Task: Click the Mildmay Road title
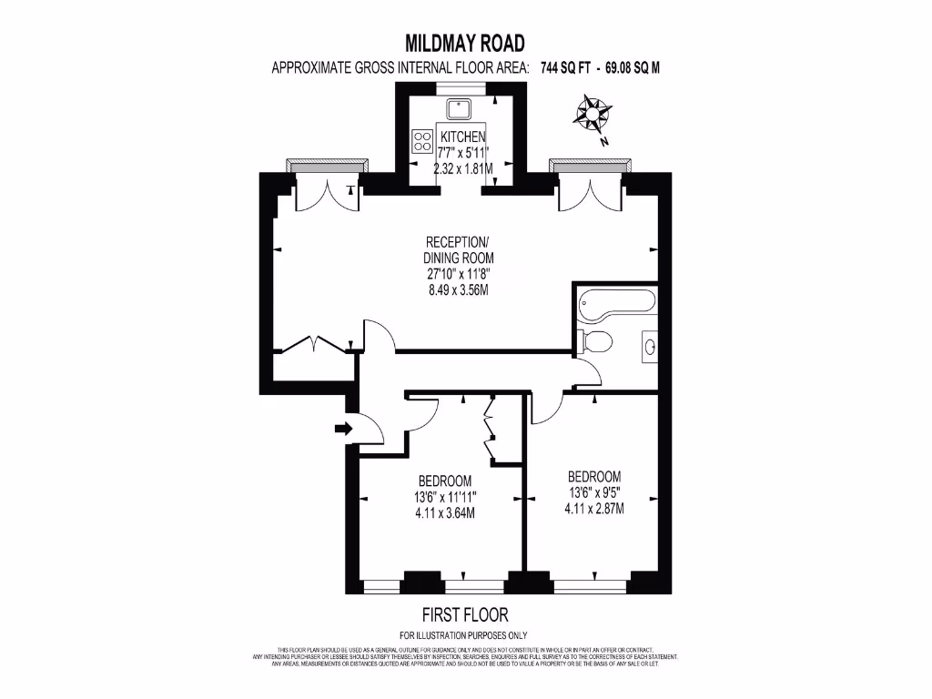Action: click(465, 43)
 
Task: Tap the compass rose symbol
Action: click(593, 115)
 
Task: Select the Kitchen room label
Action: click(464, 137)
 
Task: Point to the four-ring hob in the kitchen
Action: click(423, 140)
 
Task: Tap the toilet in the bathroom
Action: click(596, 341)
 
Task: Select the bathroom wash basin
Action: click(648, 346)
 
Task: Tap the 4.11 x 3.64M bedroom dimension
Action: click(445, 512)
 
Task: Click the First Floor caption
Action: click(465, 614)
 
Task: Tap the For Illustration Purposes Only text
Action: click(464, 635)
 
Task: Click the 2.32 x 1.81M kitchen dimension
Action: click(463, 169)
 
